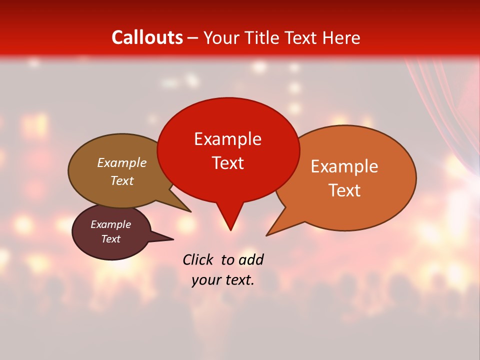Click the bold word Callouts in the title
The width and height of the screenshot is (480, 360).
click(x=147, y=37)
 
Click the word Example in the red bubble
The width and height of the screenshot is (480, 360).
click(x=227, y=139)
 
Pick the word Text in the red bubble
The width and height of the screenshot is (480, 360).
click(x=227, y=162)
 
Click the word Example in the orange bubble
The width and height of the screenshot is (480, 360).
click(x=344, y=166)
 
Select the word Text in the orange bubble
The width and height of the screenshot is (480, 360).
click(x=344, y=190)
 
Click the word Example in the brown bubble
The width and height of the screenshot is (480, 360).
click(x=121, y=162)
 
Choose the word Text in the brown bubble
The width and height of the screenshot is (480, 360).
click(x=121, y=180)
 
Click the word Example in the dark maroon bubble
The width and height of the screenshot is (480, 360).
click(x=110, y=224)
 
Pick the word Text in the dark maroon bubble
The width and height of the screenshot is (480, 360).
click(x=110, y=239)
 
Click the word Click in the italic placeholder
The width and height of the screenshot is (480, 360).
click(x=198, y=259)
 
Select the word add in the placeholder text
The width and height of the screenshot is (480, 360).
click(x=250, y=259)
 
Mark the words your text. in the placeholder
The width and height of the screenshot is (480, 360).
click(x=223, y=280)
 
